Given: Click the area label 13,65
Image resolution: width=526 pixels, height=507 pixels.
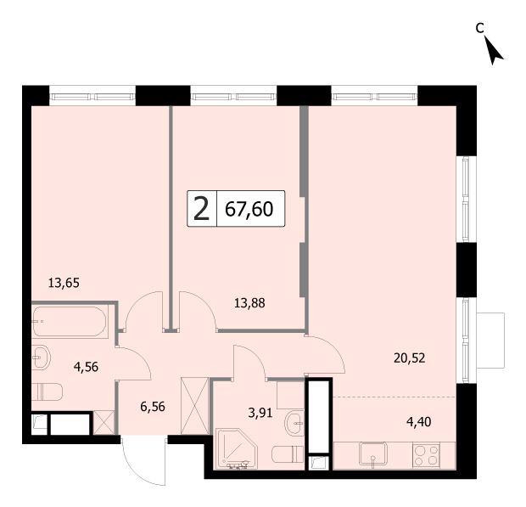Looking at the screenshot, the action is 64,283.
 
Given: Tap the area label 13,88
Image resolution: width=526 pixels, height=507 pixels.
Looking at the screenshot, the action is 249,303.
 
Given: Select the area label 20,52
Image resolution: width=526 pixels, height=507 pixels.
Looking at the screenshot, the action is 409,358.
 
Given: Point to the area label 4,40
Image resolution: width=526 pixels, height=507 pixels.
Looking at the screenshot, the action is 418,422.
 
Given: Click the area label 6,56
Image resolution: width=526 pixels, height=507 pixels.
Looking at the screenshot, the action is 153,407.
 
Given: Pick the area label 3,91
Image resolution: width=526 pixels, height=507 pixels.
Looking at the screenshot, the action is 260,413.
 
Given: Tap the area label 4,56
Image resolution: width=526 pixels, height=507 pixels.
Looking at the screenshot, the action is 86,367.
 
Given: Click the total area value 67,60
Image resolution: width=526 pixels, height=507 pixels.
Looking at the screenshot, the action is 249,209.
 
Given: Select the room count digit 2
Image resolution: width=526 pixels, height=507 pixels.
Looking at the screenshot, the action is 202,209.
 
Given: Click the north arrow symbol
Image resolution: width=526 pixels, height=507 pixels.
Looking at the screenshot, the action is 493,50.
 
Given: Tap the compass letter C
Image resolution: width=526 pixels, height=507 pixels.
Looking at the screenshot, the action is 480,28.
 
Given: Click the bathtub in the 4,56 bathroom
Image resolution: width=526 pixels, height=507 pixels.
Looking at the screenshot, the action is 70,322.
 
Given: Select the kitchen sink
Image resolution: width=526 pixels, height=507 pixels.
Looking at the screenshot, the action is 373,454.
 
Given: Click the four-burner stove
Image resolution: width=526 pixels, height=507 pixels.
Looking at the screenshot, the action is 427,455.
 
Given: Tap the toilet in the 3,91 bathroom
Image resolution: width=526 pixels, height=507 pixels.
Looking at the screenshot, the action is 288,454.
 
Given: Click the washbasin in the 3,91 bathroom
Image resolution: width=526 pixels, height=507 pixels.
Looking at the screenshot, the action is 294,424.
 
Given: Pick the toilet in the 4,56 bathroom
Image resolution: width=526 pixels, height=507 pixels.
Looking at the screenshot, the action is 47,392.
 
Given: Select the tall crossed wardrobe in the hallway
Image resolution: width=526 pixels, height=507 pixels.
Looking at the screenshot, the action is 194,406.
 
